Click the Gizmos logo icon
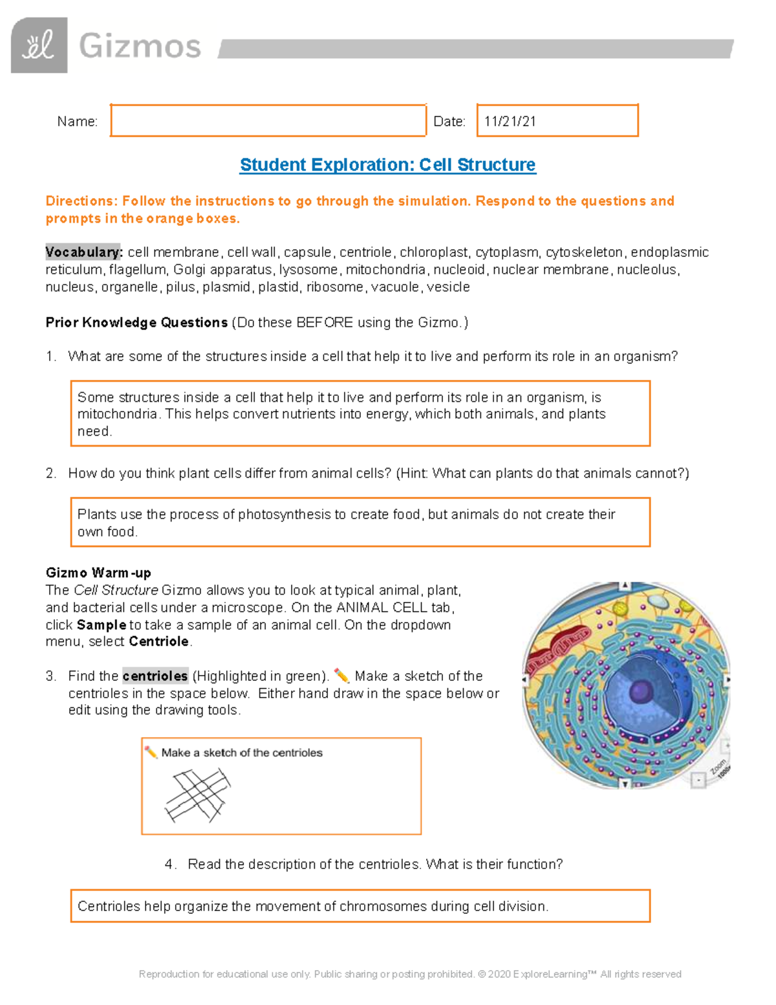click(39, 45)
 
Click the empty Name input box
click(268, 120)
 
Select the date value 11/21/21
click(510, 122)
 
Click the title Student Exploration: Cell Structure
click(387, 165)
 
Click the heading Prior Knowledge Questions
click(136, 322)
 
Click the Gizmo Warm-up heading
click(98, 573)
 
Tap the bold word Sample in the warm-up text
click(102, 625)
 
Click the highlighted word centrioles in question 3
click(155, 676)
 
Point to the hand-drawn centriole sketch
click(198, 795)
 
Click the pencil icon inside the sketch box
click(151, 752)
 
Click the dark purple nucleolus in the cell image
click(641, 690)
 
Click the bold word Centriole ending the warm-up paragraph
click(158, 642)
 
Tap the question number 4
click(169, 865)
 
